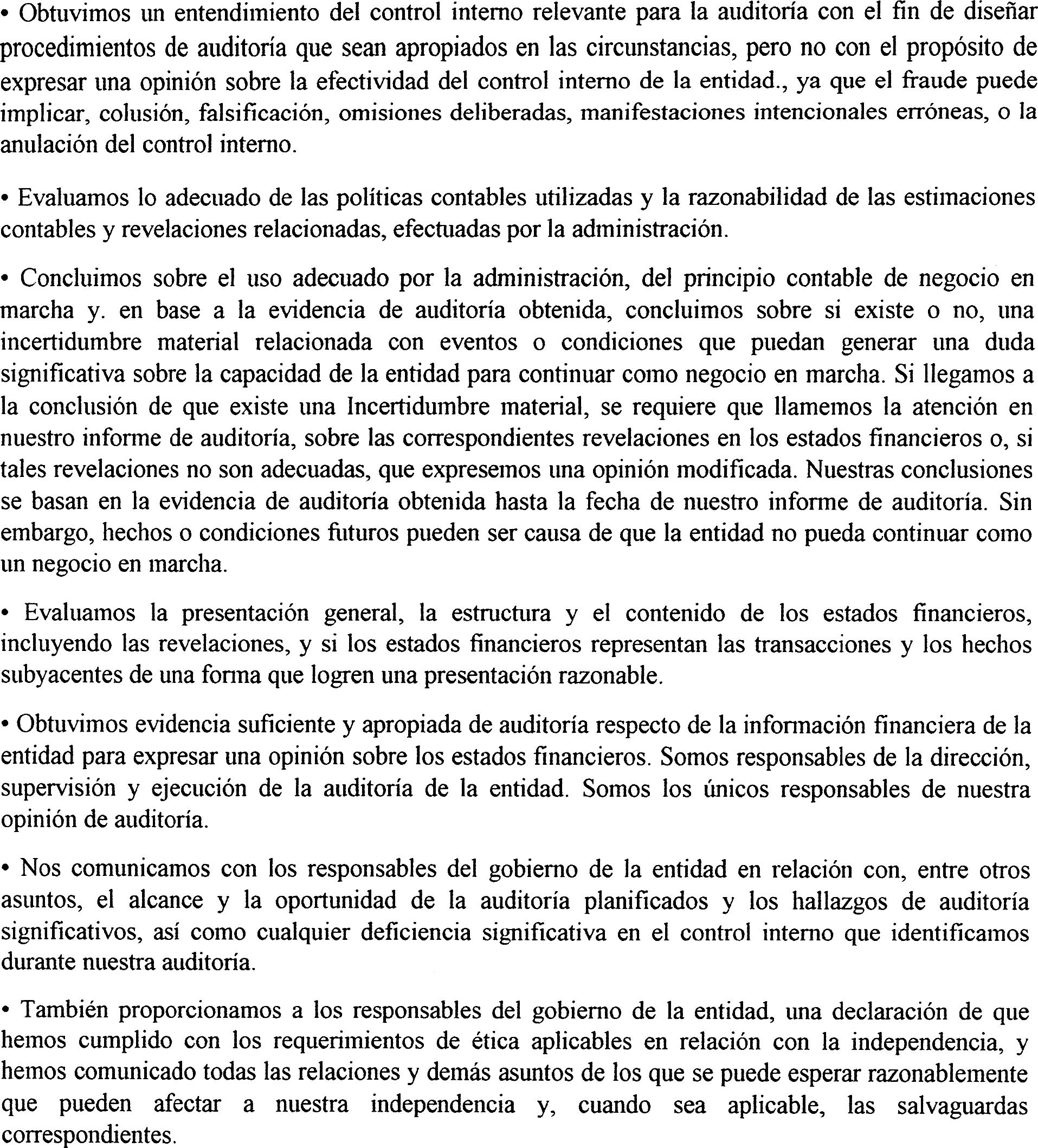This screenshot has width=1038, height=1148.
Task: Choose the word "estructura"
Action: pos(500,613)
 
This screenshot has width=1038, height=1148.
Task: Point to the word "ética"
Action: pos(495,1042)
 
